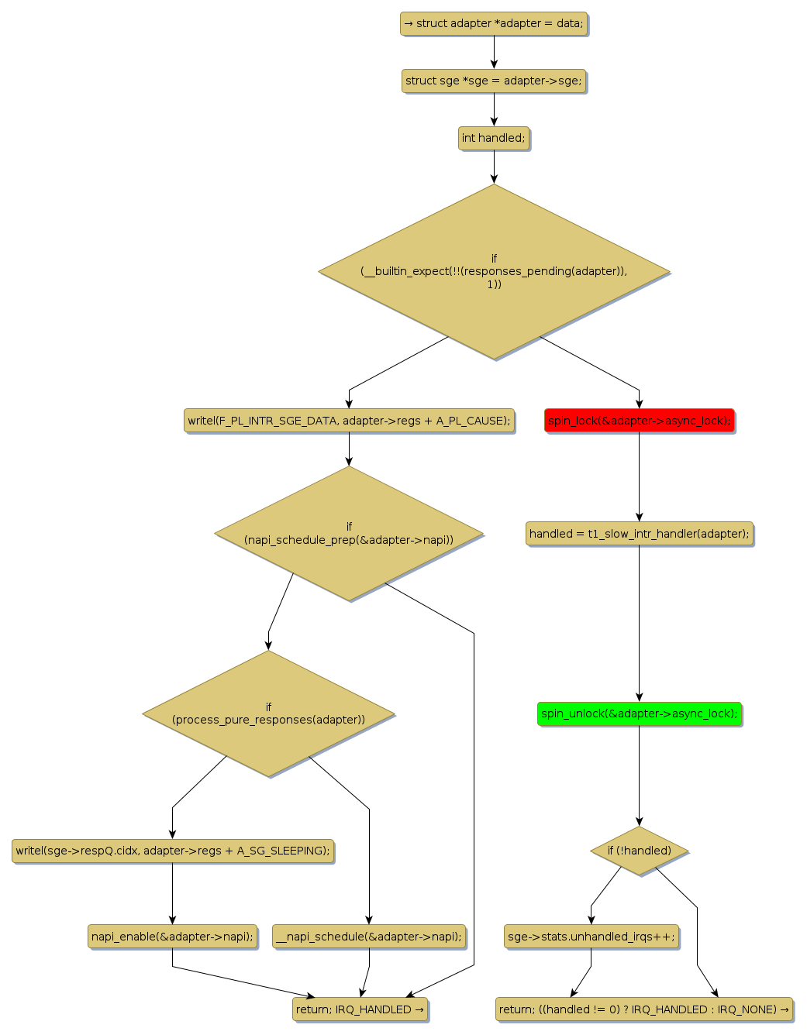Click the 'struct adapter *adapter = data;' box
click(x=494, y=23)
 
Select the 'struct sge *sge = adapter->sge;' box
click(x=494, y=81)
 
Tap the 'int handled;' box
click(x=494, y=138)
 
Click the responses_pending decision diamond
click(x=494, y=271)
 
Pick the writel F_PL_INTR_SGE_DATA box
click(x=349, y=421)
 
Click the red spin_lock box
click(x=639, y=421)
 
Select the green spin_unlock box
click(x=639, y=713)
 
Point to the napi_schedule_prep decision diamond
click(x=349, y=533)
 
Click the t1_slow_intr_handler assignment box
click(x=639, y=534)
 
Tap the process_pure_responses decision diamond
click(x=268, y=713)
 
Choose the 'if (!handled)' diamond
click(x=639, y=851)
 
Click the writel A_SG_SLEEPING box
click(x=173, y=851)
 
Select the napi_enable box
click(x=172, y=937)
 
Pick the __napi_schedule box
click(x=369, y=937)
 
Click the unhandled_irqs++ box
click(x=591, y=937)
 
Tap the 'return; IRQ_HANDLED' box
click(x=360, y=1009)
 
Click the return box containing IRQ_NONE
click(x=643, y=1009)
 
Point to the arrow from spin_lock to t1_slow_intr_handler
click(x=639, y=476)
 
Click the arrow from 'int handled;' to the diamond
click(x=494, y=167)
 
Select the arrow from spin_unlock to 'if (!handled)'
click(x=639, y=775)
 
